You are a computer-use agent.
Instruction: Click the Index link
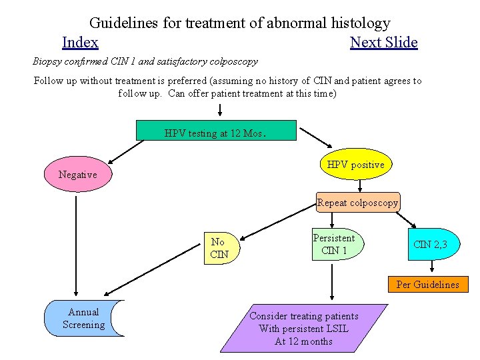coord(80,43)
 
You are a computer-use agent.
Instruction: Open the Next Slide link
coord(383,43)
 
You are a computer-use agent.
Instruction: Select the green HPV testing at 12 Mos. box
coord(216,131)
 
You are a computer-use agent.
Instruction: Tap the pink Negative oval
coord(78,174)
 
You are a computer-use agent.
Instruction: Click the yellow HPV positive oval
coord(355,164)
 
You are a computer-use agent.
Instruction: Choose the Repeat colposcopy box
coord(358,203)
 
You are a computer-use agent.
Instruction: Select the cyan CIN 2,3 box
coord(430,245)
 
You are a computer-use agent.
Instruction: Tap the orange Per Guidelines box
coord(427,285)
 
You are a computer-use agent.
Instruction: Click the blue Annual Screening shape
coord(83,318)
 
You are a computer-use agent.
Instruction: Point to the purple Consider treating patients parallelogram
coord(303,329)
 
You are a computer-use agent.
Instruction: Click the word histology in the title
coord(357,23)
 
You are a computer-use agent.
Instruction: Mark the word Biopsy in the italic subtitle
coord(48,61)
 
